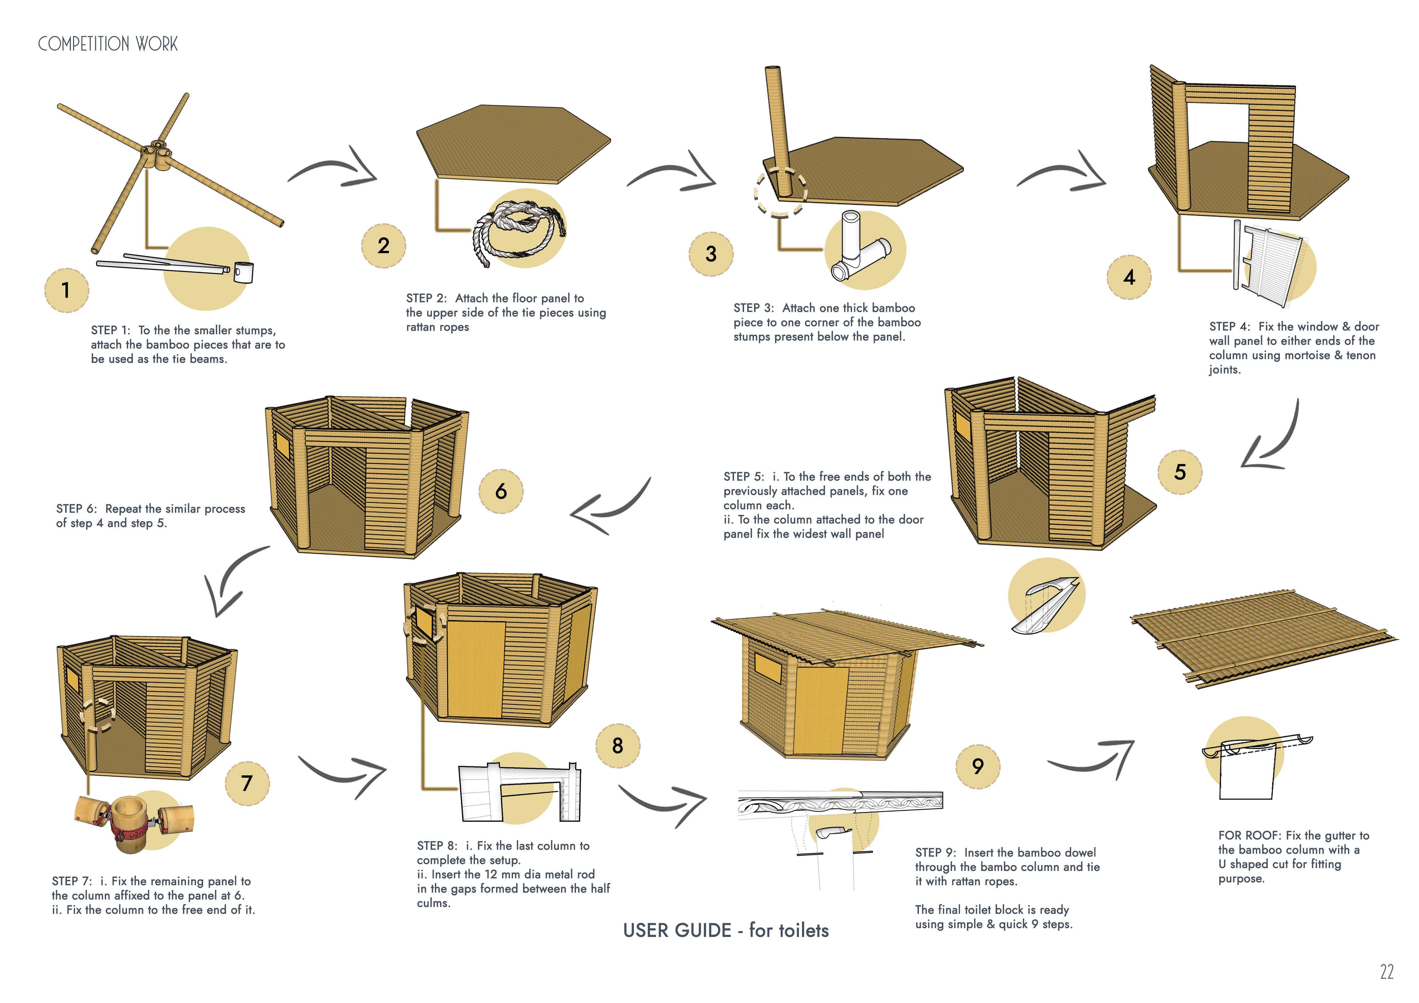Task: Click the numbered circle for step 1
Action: (66, 290)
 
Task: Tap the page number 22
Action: (1386, 972)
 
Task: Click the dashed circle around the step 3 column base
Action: (780, 192)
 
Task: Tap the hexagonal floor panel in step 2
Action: (513, 144)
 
